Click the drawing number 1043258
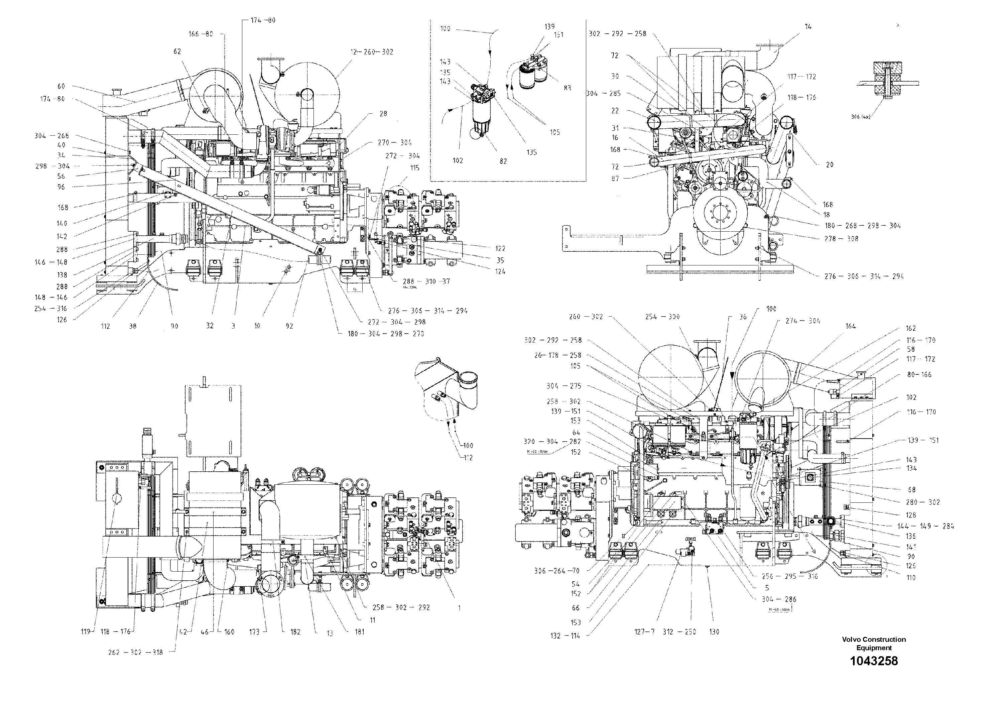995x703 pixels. tap(873, 661)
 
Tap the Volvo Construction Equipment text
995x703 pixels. tap(874, 643)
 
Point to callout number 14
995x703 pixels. tap(808, 26)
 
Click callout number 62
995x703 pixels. tap(177, 51)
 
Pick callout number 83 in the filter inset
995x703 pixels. tap(567, 88)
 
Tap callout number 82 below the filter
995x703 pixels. tap(503, 161)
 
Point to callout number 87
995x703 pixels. tap(615, 179)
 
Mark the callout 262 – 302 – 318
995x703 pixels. tap(135, 652)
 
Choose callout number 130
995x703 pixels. tap(714, 632)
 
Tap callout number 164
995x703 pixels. tap(850, 326)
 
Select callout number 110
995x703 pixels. tap(910, 577)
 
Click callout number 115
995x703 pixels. tap(415, 168)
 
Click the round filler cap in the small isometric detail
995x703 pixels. tap(468, 379)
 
